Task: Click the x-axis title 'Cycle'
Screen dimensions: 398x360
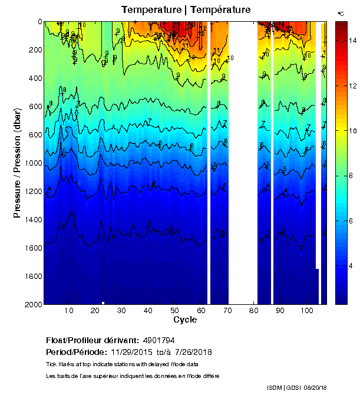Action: [185, 320]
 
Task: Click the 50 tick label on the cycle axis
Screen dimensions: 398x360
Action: [174, 311]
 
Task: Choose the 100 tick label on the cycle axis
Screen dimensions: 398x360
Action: [306, 311]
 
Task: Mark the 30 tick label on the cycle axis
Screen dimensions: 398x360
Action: [121, 311]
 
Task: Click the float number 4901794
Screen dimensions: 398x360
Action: [159, 341]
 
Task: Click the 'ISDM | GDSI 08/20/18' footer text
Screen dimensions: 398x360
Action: [297, 387]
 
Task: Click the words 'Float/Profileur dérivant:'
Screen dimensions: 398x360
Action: [91, 341]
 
